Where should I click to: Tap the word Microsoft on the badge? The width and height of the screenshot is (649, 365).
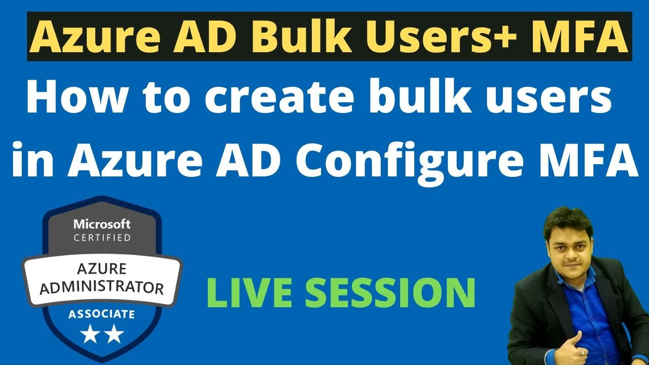pyautogui.click(x=102, y=224)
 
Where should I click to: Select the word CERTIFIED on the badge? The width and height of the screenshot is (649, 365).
pyautogui.click(x=102, y=237)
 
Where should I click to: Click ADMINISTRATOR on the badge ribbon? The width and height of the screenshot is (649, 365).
pyautogui.click(x=102, y=287)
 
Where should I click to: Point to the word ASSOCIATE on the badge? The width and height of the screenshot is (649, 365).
pyautogui.click(x=102, y=315)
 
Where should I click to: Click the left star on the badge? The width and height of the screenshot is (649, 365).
pyautogui.click(x=90, y=334)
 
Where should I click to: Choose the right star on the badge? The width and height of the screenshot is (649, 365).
pyautogui.click(x=114, y=334)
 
